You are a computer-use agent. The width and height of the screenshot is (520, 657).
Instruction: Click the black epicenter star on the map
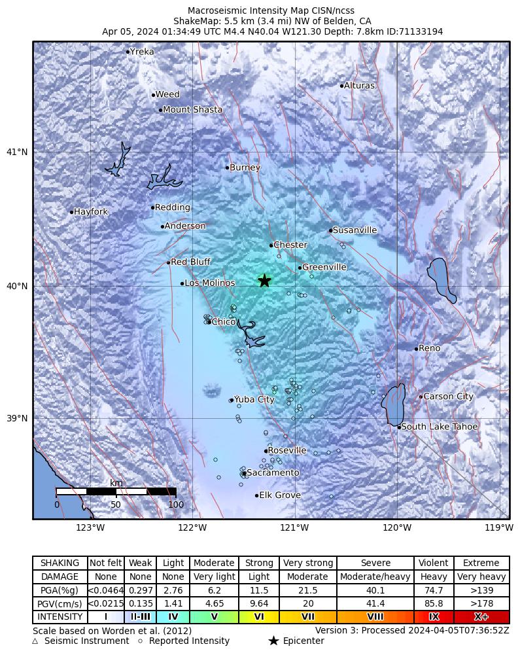point(264,281)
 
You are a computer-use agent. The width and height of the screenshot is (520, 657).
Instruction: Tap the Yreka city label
point(142,52)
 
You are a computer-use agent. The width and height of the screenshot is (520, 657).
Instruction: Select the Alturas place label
point(359,86)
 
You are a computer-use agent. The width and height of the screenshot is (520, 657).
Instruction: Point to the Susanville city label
point(355,230)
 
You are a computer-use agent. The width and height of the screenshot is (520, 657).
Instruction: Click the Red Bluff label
point(190,262)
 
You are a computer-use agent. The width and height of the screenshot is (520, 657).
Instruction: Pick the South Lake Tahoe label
point(440,427)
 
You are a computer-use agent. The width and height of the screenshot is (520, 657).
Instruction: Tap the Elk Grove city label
point(280,495)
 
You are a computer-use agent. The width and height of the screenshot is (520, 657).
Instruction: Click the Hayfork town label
point(91,212)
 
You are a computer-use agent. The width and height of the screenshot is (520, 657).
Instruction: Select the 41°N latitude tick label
point(17,152)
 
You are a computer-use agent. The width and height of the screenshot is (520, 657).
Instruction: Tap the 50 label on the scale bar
point(116,505)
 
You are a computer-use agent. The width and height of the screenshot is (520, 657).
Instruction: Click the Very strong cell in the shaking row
point(307,563)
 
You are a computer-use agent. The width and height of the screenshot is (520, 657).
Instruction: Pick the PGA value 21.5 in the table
point(307,590)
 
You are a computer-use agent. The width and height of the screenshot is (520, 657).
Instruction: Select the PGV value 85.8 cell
point(434,603)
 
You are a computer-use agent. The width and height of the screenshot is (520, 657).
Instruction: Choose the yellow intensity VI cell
point(259,617)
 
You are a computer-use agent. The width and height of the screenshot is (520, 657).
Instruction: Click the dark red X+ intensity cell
point(481,617)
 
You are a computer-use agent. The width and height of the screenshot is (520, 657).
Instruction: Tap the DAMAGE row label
point(60,577)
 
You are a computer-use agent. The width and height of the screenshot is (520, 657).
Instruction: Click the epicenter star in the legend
point(273,641)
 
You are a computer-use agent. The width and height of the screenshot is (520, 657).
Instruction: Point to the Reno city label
point(429,349)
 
